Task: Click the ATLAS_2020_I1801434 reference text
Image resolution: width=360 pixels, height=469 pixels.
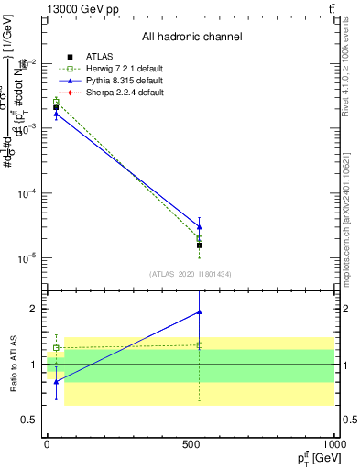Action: click(190, 274)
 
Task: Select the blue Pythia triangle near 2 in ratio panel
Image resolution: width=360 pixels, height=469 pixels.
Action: click(200, 312)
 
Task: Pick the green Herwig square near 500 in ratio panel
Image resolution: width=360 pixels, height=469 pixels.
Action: click(200, 345)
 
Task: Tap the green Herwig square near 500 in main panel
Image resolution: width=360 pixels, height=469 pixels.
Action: click(200, 239)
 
